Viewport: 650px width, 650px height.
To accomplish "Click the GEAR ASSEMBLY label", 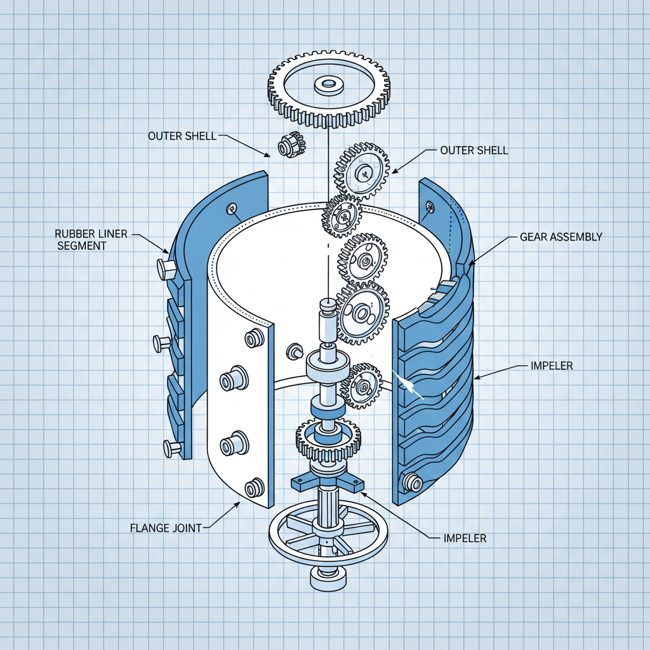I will coord(560,236).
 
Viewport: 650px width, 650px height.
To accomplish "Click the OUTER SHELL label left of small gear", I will coord(182,136).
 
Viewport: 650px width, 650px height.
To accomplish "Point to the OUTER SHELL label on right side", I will coord(474,150).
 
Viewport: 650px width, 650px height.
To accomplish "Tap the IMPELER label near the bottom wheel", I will coord(465,538).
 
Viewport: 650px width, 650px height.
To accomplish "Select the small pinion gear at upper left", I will coord(291,145).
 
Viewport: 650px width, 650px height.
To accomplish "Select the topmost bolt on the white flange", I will coord(255,338).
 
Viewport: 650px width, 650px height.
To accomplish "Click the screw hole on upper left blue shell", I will coord(232,208).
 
